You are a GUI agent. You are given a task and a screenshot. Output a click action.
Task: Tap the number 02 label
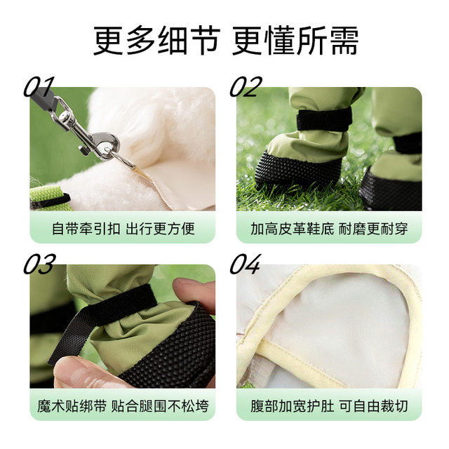click(246, 87)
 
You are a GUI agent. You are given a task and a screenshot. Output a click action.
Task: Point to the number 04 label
click(246, 264)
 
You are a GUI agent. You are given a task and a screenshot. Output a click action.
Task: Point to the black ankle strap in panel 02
click(323, 119)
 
